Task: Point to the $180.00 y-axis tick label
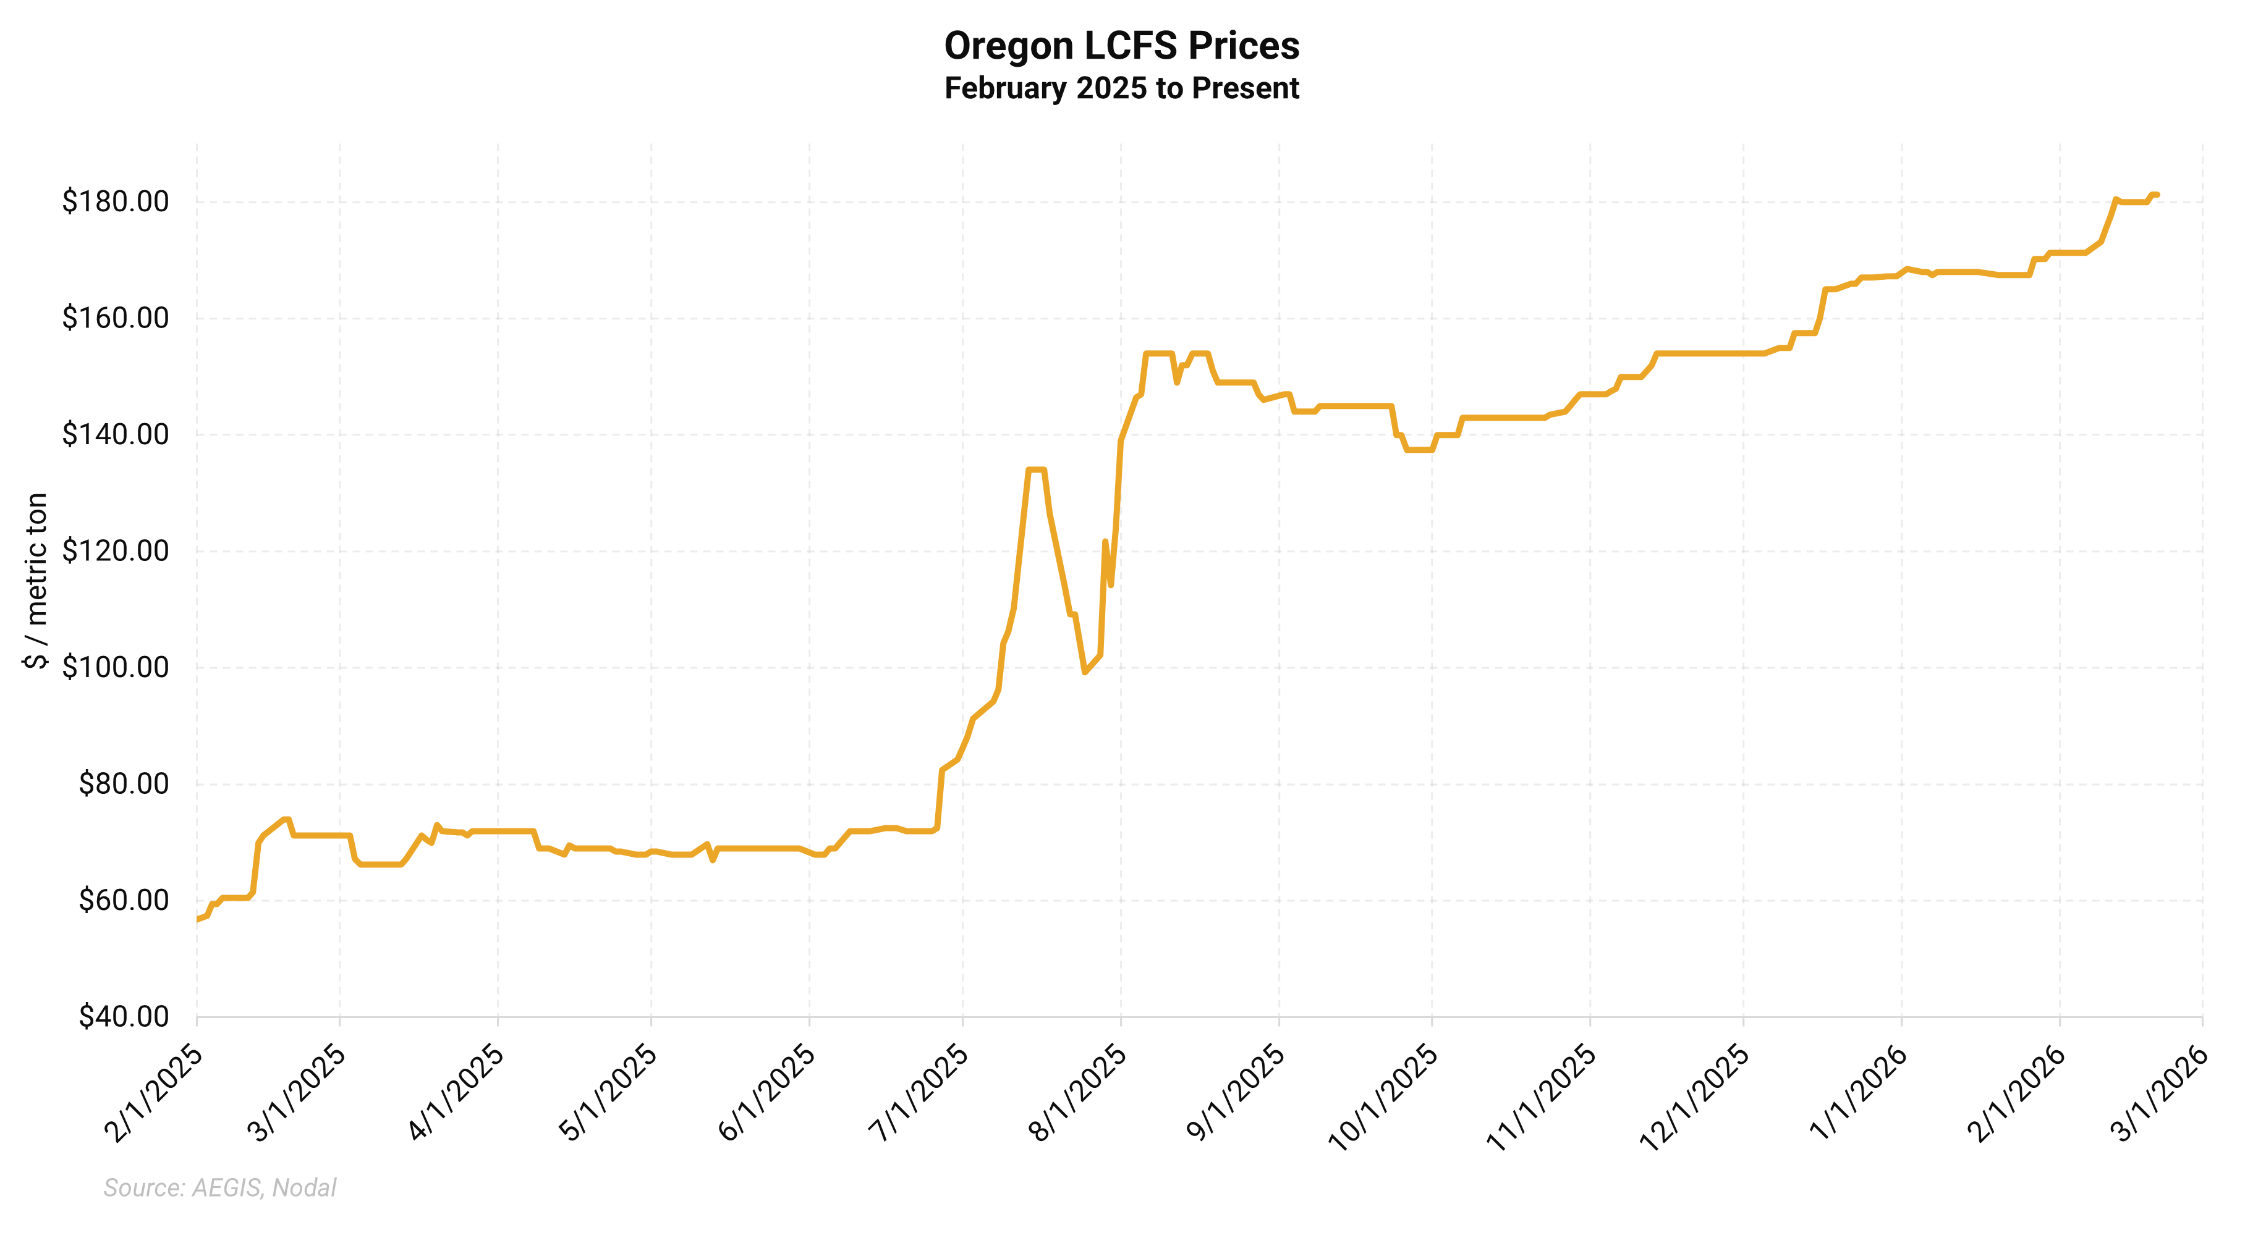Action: coord(115,201)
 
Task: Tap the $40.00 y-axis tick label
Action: coord(123,1016)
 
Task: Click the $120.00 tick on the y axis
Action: coord(115,550)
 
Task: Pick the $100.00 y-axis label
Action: coord(115,667)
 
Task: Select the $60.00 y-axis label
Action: coord(123,900)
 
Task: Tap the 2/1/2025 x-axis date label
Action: coord(153,1093)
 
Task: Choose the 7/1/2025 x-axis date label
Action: coord(919,1093)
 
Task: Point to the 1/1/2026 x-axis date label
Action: coord(1858,1093)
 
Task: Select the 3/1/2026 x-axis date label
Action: coord(2158,1093)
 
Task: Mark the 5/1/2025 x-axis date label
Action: coord(608,1093)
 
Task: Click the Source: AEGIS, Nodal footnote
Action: coord(219,1187)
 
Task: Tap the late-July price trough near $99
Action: coord(1084,672)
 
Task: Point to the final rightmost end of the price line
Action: coord(2157,194)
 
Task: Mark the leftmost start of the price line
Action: coord(198,919)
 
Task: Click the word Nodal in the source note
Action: coord(304,1187)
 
